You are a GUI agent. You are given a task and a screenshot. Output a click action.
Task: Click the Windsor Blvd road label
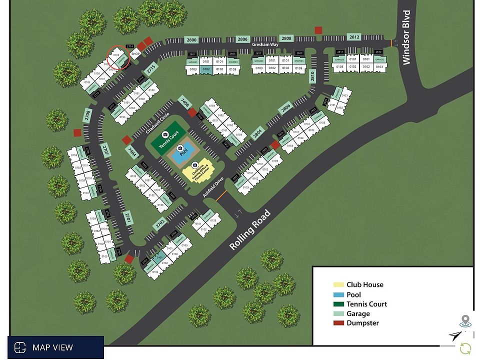[406, 37]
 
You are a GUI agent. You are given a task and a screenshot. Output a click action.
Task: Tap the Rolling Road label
[250, 230]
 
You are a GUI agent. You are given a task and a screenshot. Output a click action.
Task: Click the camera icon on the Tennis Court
[165, 134]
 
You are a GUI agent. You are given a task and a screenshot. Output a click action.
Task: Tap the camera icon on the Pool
[180, 148]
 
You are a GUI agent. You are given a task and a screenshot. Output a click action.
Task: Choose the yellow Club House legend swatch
[339, 285]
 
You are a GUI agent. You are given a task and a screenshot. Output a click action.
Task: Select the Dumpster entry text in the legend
[362, 323]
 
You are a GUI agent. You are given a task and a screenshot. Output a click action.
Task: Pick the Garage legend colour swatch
[339, 313]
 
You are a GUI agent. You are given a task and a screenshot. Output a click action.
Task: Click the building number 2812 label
[354, 37]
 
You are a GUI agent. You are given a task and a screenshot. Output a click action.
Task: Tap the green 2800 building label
[191, 40]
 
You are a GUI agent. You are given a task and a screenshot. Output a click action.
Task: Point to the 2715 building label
[151, 67]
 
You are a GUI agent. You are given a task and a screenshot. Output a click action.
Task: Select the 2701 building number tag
[128, 217]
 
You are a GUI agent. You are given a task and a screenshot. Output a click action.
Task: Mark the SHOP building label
[135, 53]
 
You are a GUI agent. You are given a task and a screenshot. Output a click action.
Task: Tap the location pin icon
[466, 320]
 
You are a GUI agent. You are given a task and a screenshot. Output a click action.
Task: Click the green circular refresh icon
[465, 348]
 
